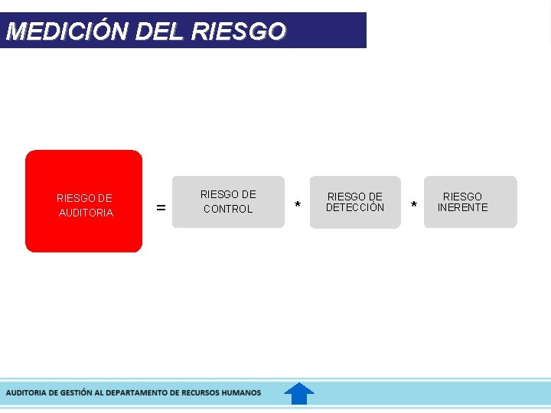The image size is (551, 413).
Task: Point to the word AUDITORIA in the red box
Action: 86,213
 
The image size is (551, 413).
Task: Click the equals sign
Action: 161,207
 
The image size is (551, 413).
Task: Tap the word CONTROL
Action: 227,209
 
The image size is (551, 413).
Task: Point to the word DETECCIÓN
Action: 355,207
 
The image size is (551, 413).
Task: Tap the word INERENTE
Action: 462,207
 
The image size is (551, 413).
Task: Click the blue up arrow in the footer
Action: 299,393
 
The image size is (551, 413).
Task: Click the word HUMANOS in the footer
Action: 241,392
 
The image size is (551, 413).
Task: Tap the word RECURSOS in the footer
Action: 198,392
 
